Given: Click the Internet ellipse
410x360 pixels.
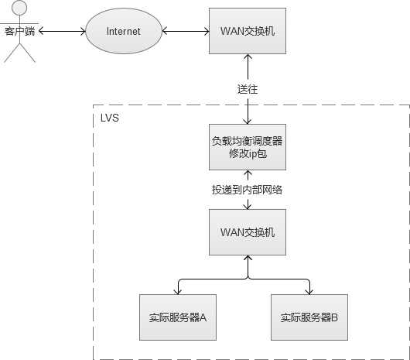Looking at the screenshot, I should tap(124, 32).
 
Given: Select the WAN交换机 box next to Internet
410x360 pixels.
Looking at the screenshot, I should tap(248, 32).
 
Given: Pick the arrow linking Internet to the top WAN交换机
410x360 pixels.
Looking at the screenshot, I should tap(186, 32).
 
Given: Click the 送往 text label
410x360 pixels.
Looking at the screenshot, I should tap(248, 89).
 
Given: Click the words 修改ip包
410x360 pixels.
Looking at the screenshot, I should tap(248, 155).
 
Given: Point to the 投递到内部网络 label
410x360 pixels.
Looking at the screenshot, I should tap(248, 190).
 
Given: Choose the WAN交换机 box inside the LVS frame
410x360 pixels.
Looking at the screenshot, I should tap(248, 232).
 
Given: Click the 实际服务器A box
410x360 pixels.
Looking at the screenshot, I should tap(177, 317).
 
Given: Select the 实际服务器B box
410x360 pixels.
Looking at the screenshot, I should tap(309, 317).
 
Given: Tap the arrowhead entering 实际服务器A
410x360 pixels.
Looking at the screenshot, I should tap(177, 291).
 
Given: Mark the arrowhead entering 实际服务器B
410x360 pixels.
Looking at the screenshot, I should tap(309, 291).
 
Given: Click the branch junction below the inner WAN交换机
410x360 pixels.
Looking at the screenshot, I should tap(248, 279).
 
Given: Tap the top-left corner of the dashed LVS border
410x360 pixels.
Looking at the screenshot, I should tap(94, 106).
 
